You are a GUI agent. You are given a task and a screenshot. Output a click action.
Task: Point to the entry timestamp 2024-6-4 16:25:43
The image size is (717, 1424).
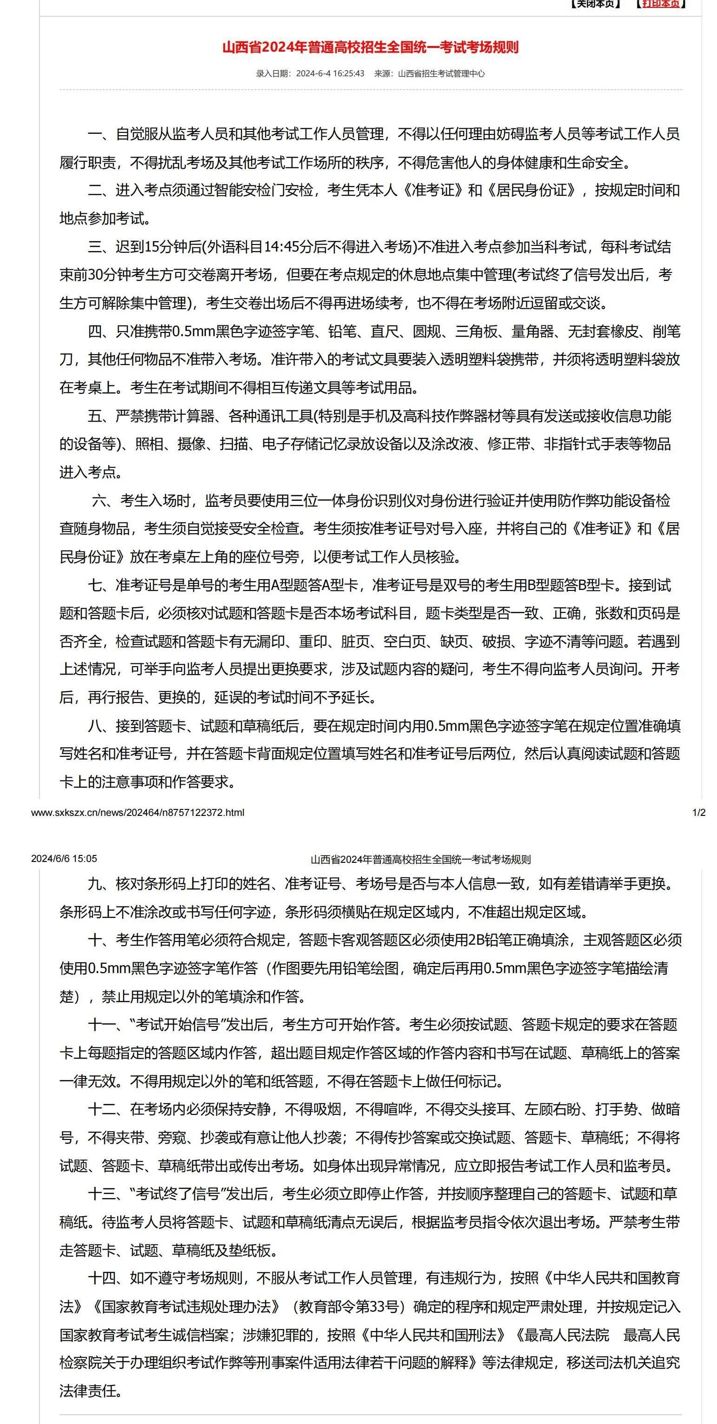(330, 73)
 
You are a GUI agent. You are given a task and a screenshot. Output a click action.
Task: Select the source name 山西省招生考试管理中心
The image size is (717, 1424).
(441, 73)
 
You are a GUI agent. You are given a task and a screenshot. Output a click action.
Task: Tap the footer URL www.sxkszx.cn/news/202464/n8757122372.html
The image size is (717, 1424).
(138, 812)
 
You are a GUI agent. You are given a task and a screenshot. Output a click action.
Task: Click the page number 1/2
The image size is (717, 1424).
(699, 812)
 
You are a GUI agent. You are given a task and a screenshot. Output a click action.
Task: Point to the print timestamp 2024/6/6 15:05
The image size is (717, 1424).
(64, 859)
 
